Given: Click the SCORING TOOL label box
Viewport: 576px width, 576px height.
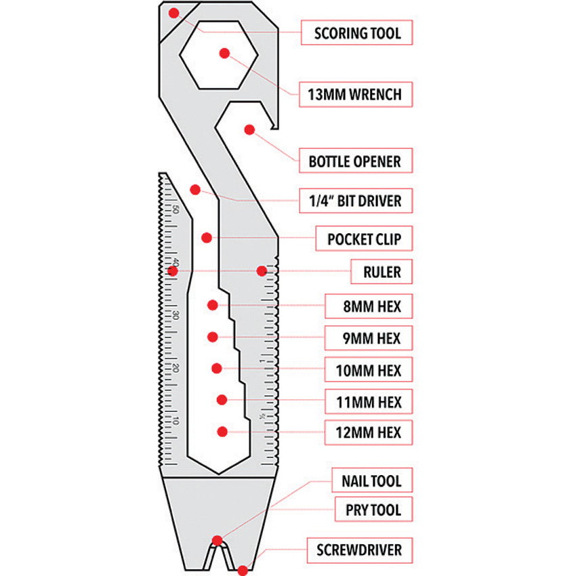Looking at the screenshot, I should [357, 32].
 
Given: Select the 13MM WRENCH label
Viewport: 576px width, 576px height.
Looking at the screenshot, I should [357, 94].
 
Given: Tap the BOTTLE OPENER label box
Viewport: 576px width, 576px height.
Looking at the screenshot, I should [355, 162].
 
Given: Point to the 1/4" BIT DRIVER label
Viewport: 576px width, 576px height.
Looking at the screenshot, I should [355, 201].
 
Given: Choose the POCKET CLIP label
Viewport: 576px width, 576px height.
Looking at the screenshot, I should [365, 239].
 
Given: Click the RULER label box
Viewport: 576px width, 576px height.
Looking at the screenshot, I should [382, 272].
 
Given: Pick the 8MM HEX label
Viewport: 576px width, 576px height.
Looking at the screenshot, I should [373, 306].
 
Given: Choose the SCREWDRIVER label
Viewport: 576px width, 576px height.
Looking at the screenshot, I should [359, 550].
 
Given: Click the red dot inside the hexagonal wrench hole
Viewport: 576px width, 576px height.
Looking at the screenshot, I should [224, 52].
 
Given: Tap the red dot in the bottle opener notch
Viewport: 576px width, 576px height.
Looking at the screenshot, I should [249, 128].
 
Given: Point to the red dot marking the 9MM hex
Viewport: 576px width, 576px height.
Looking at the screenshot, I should [213, 337].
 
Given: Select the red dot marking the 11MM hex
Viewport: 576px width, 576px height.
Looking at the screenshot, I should [221, 400].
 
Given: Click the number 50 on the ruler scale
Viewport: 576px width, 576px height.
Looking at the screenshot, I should [176, 209].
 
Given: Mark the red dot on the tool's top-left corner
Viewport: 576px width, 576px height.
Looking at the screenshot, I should [173, 12].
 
